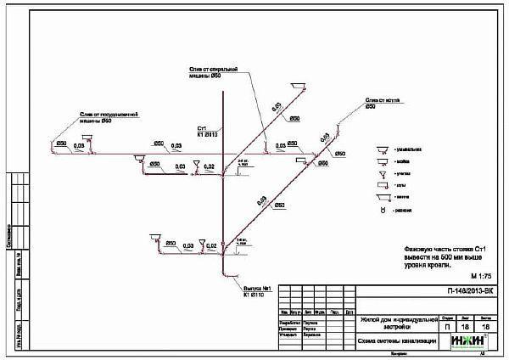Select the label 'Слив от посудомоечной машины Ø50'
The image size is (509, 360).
coord(97,117)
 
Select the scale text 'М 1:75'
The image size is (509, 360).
coord(479,277)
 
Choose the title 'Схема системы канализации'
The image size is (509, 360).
coord(398,341)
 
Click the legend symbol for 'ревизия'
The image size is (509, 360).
coord(383,209)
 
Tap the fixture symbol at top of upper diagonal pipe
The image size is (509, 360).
coord(296,87)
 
